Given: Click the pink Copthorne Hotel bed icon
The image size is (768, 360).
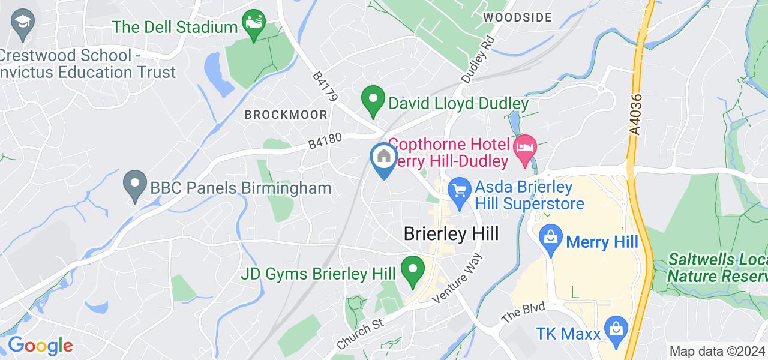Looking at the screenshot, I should (x=526, y=148).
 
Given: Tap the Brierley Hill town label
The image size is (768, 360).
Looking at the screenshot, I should (x=451, y=233).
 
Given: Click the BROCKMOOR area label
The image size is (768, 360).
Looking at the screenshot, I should (x=286, y=115).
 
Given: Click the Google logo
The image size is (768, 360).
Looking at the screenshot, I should (x=40, y=346).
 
